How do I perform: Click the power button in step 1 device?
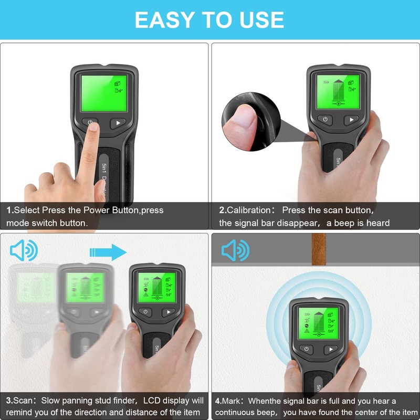tap(91, 123)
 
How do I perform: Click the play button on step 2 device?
tap(351, 120)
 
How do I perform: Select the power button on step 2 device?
tap(325, 120)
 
